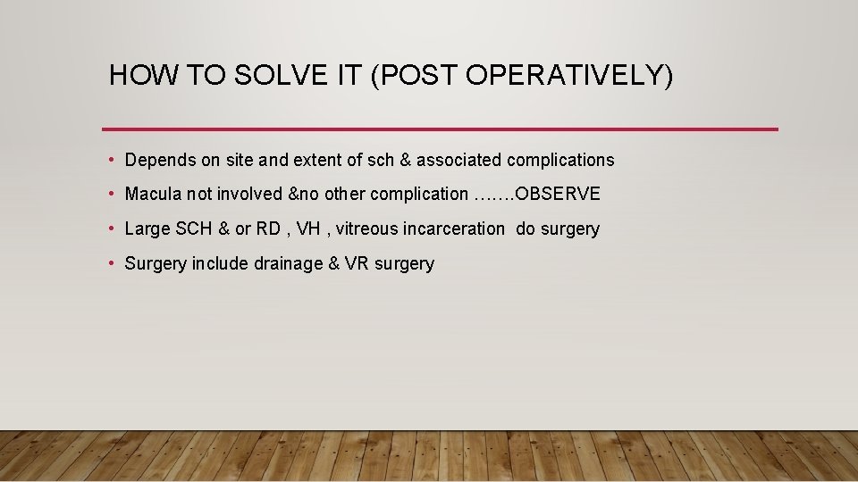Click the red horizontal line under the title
440,129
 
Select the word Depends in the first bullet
156,160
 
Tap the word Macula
150,194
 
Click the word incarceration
454,229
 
